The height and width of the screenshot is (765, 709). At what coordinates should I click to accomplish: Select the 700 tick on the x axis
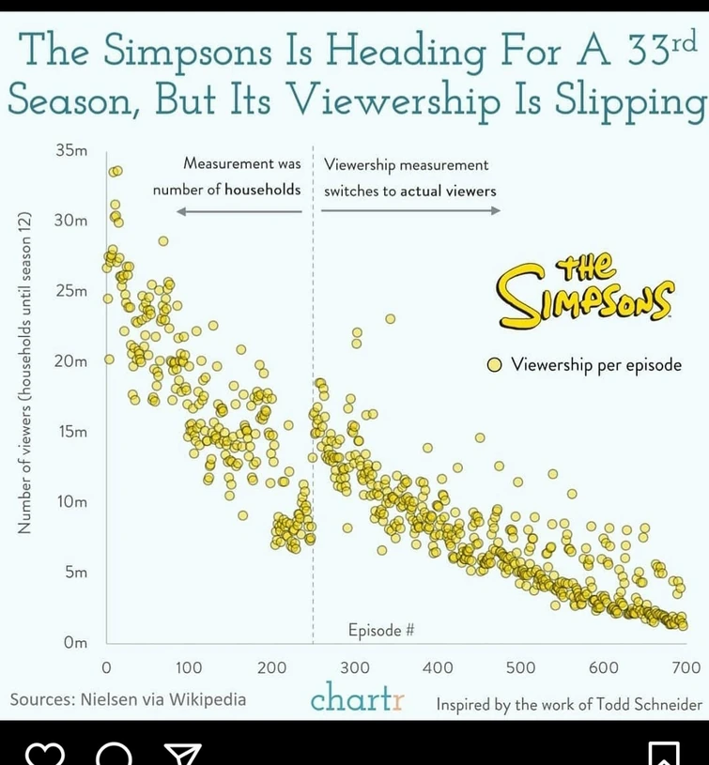point(686,667)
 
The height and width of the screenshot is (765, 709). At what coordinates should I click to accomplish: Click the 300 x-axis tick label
point(355,667)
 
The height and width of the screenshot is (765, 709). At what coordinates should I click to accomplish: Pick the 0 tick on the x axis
point(106,667)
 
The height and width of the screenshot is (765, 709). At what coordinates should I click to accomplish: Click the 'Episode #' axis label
point(381,631)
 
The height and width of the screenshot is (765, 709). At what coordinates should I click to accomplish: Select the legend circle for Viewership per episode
point(493,365)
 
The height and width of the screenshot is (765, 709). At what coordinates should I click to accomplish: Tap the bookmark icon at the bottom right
point(663,755)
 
